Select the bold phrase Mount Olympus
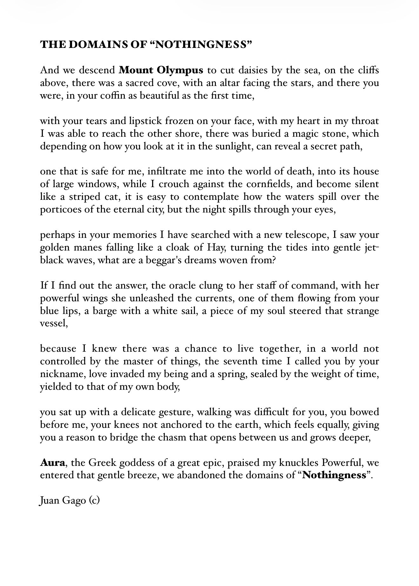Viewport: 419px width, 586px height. pos(161,70)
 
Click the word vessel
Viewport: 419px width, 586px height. pos(53,324)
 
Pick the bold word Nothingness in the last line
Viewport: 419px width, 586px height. pos(334,476)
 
